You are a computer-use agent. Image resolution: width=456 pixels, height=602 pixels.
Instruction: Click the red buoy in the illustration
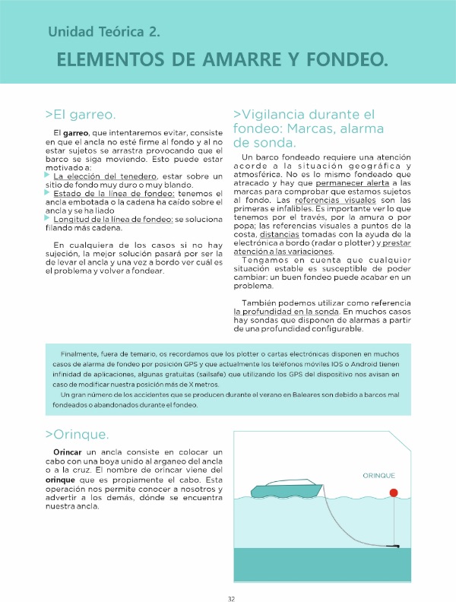393,493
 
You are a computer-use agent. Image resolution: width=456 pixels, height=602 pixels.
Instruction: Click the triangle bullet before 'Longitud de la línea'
48,218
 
